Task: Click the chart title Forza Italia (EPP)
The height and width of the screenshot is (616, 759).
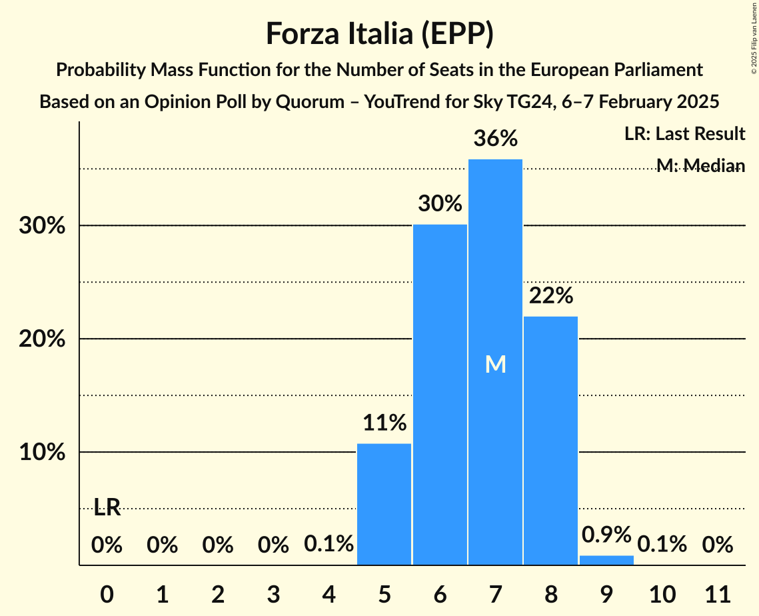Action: pyautogui.click(x=379, y=33)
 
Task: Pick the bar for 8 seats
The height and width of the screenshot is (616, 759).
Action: pyautogui.click(x=550, y=440)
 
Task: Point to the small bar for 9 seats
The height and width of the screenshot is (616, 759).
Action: pyautogui.click(x=606, y=560)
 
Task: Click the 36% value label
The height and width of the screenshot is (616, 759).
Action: pyautogui.click(x=495, y=139)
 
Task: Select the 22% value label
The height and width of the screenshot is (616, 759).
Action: pyautogui.click(x=550, y=296)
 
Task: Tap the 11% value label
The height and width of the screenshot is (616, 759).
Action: pyautogui.click(x=384, y=423)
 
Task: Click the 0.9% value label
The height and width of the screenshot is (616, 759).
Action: pyautogui.click(x=606, y=535)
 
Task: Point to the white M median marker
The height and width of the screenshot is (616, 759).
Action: pyautogui.click(x=495, y=364)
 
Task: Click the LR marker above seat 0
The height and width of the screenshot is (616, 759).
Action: pyautogui.click(x=107, y=508)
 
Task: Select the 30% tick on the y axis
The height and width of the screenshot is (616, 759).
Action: pyautogui.click(x=42, y=226)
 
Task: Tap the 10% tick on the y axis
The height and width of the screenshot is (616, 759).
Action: pyautogui.click(x=42, y=453)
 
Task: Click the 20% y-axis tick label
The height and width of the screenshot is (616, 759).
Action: pyautogui.click(x=42, y=339)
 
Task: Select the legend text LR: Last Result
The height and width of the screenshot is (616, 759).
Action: pyautogui.click(x=684, y=134)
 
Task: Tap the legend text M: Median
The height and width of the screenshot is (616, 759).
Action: pyautogui.click(x=700, y=165)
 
